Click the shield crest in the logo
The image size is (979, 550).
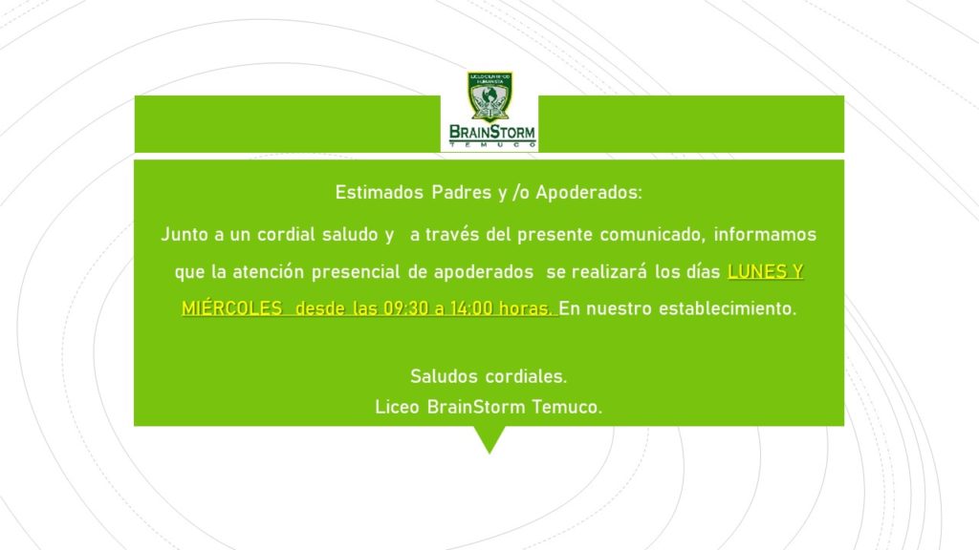pyautogui.click(x=489, y=96)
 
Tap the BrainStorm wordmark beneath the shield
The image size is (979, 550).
pyautogui.click(x=492, y=132)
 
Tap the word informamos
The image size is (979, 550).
pyautogui.click(x=765, y=235)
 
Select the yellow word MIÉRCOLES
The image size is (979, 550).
pyautogui.click(x=231, y=308)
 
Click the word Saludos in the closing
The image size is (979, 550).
pyautogui.click(x=445, y=376)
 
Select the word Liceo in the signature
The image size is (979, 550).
pyautogui.click(x=397, y=407)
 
